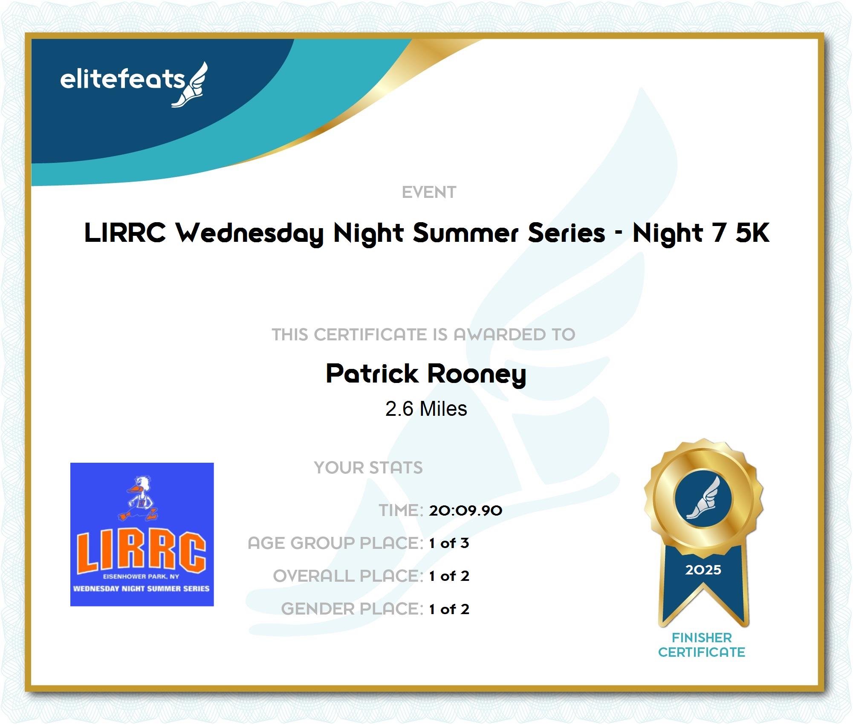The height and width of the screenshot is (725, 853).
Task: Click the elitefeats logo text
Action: click(x=123, y=80)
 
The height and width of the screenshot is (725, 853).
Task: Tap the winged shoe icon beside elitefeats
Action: click(x=190, y=84)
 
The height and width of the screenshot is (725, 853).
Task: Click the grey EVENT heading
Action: click(x=429, y=192)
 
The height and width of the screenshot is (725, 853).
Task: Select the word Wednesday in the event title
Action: click(x=250, y=233)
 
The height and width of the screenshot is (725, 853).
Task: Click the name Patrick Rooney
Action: click(x=426, y=374)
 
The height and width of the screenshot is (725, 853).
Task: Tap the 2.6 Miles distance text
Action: click(x=426, y=409)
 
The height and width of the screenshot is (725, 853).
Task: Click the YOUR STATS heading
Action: click(x=368, y=468)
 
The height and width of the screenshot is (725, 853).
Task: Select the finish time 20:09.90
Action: click(x=466, y=510)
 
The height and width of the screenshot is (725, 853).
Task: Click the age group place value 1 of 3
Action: click(x=449, y=543)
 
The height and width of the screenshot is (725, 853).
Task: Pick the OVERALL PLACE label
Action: click(x=348, y=576)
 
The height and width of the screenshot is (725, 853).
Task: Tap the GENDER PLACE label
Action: click(x=352, y=609)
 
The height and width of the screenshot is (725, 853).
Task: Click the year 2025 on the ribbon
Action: click(x=703, y=570)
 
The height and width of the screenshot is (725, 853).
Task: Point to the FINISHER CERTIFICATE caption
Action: click(x=702, y=645)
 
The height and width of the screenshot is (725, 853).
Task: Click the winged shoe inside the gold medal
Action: click(x=703, y=498)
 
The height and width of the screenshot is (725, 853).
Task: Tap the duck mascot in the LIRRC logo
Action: click(x=139, y=499)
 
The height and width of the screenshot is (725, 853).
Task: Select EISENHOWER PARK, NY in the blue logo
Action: click(x=142, y=577)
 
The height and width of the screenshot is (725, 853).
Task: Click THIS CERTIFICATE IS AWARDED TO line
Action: click(x=424, y=335)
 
